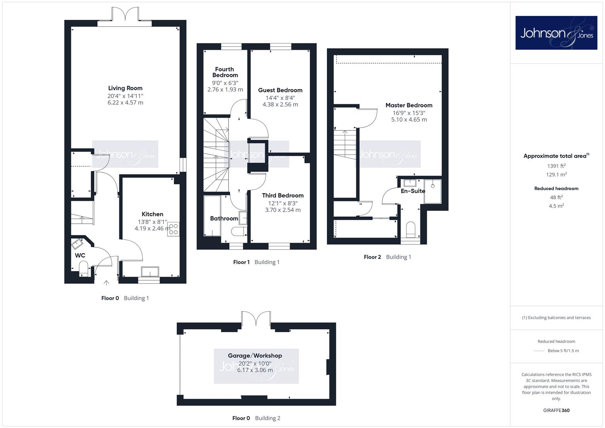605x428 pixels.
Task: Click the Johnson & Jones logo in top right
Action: click(556, 32)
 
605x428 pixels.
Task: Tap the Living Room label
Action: click(125, 88)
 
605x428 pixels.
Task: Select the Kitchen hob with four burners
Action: click(174, 229)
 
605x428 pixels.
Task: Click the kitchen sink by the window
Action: click(150, 271)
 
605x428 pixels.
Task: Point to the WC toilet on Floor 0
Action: click(84, 270)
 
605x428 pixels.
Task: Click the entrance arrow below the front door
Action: click(107, 283)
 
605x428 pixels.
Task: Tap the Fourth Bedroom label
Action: click(225, 72)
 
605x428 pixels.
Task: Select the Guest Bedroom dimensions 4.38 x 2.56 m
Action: click(281, 105)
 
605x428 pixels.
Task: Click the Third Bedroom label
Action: click(283, 195)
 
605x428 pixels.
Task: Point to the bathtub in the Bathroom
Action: click(212, 216)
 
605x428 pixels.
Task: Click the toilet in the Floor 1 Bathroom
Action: click(239, 231)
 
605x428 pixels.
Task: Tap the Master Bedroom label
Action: click(409, 105)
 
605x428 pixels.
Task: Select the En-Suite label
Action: click(413, 191)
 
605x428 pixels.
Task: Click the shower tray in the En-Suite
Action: click(433, 191)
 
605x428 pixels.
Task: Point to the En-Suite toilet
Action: click(410, 230)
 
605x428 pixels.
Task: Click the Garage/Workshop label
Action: click(255, 355)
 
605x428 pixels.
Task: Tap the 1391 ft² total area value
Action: click(556, 166)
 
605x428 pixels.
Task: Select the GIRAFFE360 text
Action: click(556, 411)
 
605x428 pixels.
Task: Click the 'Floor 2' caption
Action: click(372, 257)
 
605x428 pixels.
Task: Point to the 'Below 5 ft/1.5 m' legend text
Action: click(563, 351)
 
